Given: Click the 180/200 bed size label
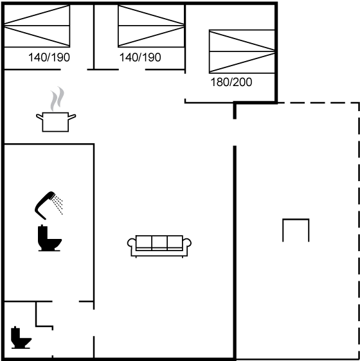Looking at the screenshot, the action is pyautogui.click(x=231, y=82).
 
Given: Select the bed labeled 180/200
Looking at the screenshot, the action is pyautogui.click(x=242, y=51).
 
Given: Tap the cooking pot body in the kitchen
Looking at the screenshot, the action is pyautogui.click(x=55, y=122).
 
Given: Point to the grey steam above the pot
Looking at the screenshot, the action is pyautogui.click(x=57, y=98).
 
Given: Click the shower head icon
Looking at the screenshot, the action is pyautogui.click(x=44, y=206).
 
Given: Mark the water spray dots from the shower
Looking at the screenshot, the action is pyautogui.click(x=58, y=205).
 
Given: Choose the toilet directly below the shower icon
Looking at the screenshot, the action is pyautogui.click(x=50, y=238).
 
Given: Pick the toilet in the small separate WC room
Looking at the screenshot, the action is pyautogui.click(x=21, y=337).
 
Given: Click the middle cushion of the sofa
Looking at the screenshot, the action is pyautogui.click(x=159, y=243).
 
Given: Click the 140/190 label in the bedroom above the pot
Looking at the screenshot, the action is pyautogui.click(x=49, y=57).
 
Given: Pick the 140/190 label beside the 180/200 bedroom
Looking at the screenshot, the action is pyautogui.click(x=140, y=57).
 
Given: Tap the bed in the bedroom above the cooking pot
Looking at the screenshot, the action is pyautogui.click(x=37, y=26).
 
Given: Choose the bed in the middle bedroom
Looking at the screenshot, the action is pyautogui.click(x=151, y=26).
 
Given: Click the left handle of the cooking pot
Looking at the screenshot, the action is pyautogui.click(x=39, y=117).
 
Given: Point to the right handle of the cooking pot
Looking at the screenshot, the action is pyautogui.click(x=72, y=117).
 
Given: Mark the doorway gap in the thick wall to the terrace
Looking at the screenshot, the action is pyautogui.click(x=235, y=132).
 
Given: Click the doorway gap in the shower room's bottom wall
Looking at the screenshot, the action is pyautogui.click(x=66, y=301).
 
